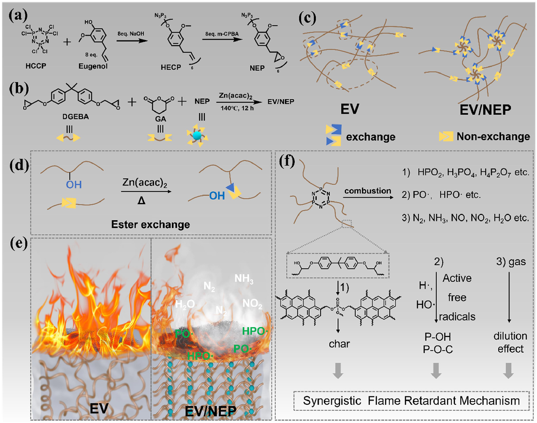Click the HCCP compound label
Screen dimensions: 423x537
pos(36,66)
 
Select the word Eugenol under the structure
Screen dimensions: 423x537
pos(93,66)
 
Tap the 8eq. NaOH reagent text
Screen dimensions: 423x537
pos(131,34)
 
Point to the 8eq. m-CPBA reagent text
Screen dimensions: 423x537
pos(222,34)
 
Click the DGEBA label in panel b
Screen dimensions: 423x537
pos(75,117)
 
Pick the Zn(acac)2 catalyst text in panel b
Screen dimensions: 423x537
pos(235,96)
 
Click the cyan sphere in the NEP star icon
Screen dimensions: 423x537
pos(197,135)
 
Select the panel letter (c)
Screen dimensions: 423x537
pos(307,18)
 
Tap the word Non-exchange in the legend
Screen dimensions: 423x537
pos(493,136)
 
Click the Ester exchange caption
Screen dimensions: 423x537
pos(150,224)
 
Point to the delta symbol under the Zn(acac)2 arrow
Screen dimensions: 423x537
pos(141,200)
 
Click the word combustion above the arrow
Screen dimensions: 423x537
pos(368,191)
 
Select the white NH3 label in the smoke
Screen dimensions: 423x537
pos(244,279)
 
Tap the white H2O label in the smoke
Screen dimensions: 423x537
pos(185,304)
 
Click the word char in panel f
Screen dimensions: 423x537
pos(339,344)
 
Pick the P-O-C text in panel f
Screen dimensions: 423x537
pos(438,349)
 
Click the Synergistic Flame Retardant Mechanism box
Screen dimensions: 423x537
pos(411,401)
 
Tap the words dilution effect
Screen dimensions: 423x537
pos(510,342)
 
